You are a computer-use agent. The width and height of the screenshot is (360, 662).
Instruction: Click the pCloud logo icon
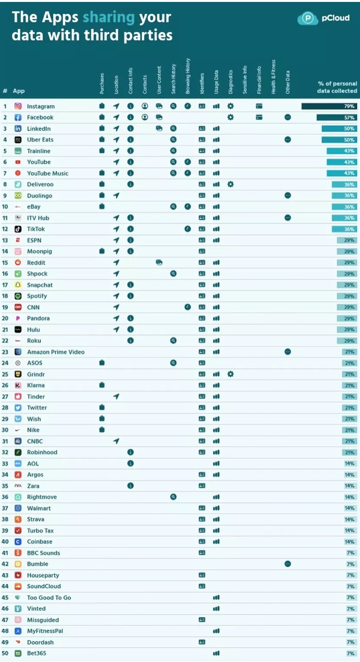308,18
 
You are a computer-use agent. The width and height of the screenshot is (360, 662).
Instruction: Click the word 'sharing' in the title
108,17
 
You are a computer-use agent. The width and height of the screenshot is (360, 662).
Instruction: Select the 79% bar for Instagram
329,106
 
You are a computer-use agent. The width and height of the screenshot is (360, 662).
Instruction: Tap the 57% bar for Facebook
337,117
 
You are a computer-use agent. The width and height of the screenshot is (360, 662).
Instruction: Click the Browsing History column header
188,76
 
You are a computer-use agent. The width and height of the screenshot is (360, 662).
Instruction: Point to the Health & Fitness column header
273,77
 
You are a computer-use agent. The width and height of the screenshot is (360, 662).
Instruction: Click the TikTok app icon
18,229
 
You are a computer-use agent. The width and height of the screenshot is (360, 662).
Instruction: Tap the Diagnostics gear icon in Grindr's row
230,374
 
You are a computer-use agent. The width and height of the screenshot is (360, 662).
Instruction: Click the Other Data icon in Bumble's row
288,564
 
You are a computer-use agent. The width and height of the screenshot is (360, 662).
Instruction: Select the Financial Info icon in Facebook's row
259,117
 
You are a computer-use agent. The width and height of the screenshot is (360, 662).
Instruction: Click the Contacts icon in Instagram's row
145,106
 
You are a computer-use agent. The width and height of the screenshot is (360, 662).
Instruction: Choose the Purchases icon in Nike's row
102,430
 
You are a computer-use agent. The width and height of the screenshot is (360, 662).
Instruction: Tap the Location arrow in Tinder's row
116,396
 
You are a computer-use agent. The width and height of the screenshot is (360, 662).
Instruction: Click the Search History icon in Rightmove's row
173,497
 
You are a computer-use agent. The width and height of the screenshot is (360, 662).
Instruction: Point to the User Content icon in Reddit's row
159,262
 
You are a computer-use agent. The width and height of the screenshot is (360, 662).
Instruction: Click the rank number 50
5,653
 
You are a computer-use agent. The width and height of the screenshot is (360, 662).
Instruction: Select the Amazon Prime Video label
56,352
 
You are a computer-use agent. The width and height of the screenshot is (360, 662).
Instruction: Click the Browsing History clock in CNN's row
187,307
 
